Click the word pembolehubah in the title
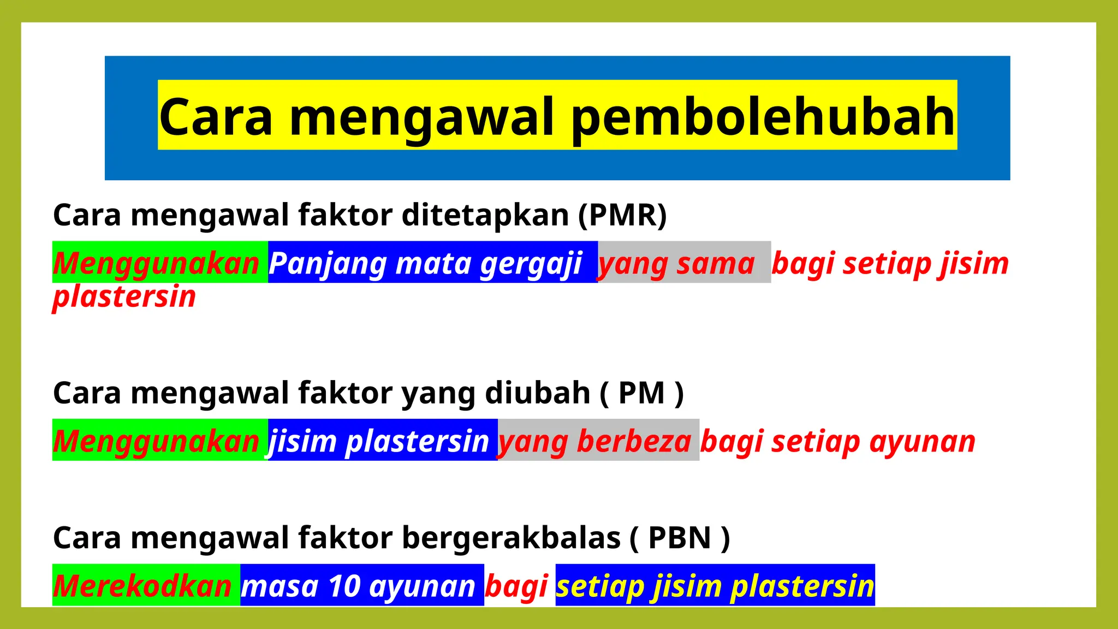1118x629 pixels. click(763, 117)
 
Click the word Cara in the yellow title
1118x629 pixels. click(216, 117)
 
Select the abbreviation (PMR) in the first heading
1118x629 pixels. click(622, 215)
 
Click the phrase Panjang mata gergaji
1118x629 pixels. click(425, 263)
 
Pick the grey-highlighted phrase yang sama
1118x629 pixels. click(677, 263)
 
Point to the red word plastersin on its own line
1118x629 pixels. click(124, 296)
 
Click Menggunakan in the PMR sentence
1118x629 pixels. click(157, 263)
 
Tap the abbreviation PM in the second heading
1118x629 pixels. click(641, 393)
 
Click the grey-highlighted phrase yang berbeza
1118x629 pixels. click(595, 441)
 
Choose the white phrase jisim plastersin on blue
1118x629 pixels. click(379, 441)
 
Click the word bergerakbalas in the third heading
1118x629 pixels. click(511, 538)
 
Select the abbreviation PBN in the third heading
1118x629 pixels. click(680, 538)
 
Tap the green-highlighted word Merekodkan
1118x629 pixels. click(143, 586)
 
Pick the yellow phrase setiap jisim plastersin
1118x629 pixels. click(715, 586)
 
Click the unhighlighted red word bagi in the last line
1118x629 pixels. click(516, 586)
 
